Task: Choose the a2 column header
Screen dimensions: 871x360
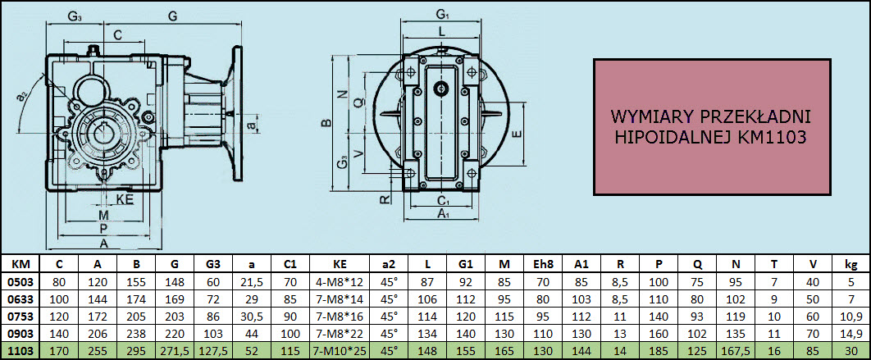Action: (x=390, y=263)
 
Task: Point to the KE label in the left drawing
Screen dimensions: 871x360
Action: (x=125, y=199)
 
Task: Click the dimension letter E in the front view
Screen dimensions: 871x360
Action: (x=518, y=134)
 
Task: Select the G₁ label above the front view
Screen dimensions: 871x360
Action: (x=442, y=13)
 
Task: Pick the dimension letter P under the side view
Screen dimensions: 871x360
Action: (x=103, y=229)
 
